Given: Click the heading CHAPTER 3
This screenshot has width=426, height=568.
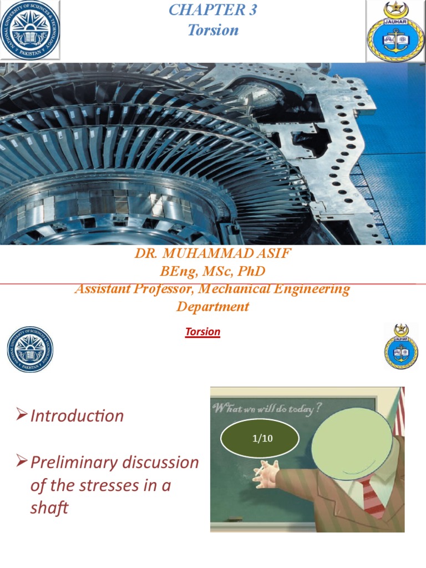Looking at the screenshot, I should point(213,10).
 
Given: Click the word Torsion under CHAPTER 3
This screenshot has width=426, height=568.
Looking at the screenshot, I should point(213,30).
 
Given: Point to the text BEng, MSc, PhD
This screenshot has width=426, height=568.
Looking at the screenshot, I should point(213,272).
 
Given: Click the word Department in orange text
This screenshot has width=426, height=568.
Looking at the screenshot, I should point(213,306).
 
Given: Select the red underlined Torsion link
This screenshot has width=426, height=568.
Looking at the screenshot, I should point(202,332).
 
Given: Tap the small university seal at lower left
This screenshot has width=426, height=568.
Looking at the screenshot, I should point(30,349).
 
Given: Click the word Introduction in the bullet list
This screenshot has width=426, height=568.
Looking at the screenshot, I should point(77,416).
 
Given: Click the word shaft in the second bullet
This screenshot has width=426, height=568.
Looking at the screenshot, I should point(49,508).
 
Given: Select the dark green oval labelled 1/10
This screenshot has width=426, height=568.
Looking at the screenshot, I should point(260,439).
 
